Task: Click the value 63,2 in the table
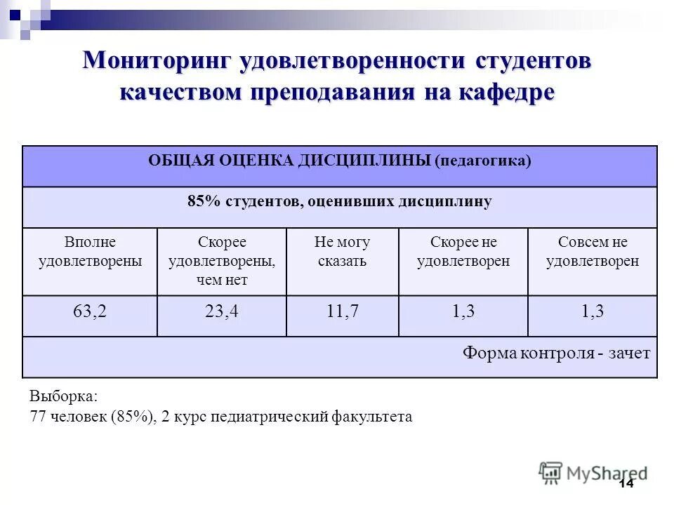(90, 312)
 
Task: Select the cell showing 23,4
(222, 312)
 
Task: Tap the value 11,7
(343, 312)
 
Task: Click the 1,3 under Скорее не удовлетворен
(463, 312)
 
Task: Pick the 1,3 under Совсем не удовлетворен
(593, 312)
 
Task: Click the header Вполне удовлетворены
(90, 252)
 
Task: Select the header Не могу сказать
(343, 252)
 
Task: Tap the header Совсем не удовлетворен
(593, 252)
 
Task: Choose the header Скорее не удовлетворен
(463, 252)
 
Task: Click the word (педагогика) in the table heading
(483, 161)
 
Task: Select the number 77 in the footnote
(38, 417)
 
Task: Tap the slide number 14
(626, 485)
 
